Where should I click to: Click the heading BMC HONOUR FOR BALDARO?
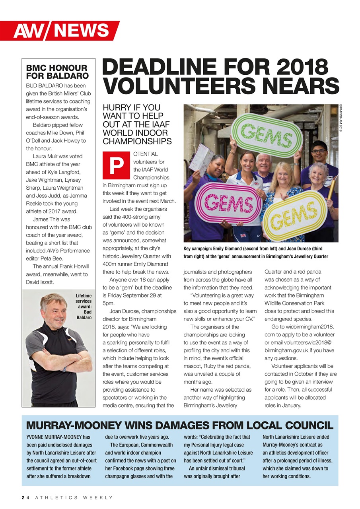(56, 72)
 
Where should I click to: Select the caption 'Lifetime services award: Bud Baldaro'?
(84, 307)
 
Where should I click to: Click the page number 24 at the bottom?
(26, 497)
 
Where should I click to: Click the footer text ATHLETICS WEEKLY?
(74, 497)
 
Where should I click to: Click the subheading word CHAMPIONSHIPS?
(137, 141)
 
